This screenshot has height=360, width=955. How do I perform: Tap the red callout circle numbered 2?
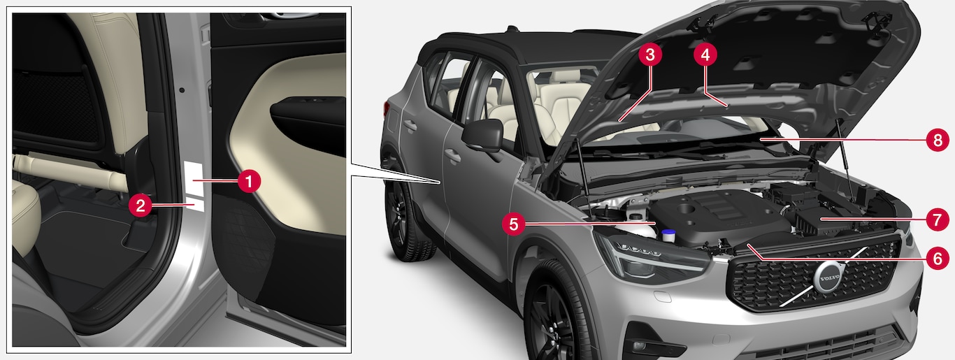click(x=141, y=206)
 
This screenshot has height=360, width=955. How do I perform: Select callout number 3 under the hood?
click(x=649, y=55)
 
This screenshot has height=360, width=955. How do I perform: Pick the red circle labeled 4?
click(x=705, y=55)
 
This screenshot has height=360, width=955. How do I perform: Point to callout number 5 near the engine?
click(x=513, y=224)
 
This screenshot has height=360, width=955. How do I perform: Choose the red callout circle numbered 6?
click(x=938, y=258)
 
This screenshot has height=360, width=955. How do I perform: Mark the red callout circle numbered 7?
click(x=938, y=219)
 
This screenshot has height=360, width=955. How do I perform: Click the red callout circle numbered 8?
click(x=938, y=140)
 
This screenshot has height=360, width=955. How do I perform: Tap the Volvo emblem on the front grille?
click(x=829, y=278)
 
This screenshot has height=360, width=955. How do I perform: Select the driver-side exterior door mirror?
click(x=483, y=136)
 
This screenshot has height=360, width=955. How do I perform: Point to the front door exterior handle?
click(x=452, y=156)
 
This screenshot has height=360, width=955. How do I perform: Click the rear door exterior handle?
click(x=410, y=125)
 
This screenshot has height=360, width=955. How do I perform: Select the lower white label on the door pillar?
click(x=195, y=204)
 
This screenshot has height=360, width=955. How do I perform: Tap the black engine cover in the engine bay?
click(x=721, y=218)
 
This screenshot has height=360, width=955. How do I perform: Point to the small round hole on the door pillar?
click(x=182, y=90)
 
